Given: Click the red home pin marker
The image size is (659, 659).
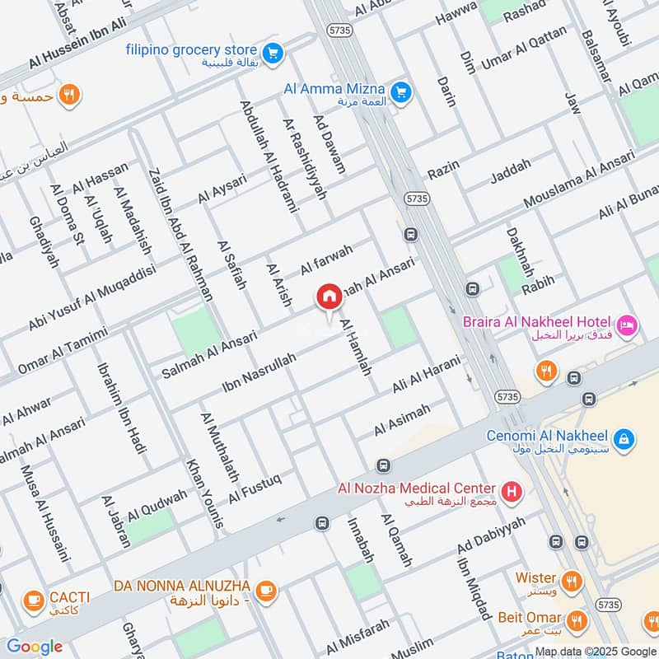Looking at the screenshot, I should pos(329,297).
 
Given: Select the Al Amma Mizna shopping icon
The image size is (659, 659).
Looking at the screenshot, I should pos(401,92).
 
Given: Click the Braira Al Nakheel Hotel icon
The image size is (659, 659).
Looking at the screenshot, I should pos(628,326).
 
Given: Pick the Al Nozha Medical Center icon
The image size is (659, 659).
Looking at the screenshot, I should pos(512,493).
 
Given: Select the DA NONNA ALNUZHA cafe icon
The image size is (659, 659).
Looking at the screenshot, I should pos(265,590).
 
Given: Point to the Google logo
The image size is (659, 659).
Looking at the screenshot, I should pos(35,647).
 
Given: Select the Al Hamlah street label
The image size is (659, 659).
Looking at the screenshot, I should pos(356,348).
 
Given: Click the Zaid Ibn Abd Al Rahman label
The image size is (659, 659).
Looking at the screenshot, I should pos(180,234).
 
